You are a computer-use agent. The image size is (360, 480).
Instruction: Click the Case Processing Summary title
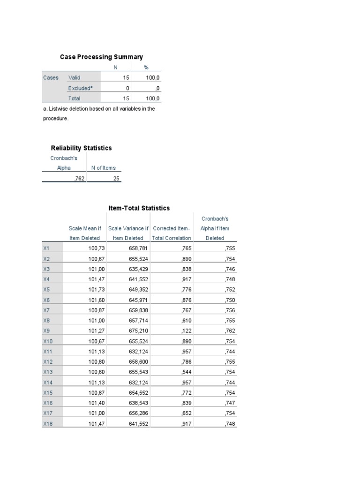(101, 57)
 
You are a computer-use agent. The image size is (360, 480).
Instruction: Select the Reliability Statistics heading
(81, 148)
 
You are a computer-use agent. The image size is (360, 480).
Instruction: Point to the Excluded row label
(80, 88)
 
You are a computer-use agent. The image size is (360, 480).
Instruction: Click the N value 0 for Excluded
(127, 88)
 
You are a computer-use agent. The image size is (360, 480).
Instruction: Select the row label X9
(46, 331)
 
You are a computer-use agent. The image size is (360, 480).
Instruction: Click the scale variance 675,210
(138, 331)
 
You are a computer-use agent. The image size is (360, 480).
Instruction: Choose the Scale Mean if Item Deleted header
(85, 233)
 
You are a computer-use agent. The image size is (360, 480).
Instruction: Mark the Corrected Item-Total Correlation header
(172, 233)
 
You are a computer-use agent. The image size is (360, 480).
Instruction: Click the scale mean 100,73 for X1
(96, 248)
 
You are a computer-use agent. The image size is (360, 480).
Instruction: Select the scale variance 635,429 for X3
(138, 269)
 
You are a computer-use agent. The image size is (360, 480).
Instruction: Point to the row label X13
(47, 372)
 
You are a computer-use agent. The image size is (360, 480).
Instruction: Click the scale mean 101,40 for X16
(96, 403)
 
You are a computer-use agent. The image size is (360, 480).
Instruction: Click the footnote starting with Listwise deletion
(98, 113)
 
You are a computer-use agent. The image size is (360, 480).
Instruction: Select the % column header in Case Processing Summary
(146, 67)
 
